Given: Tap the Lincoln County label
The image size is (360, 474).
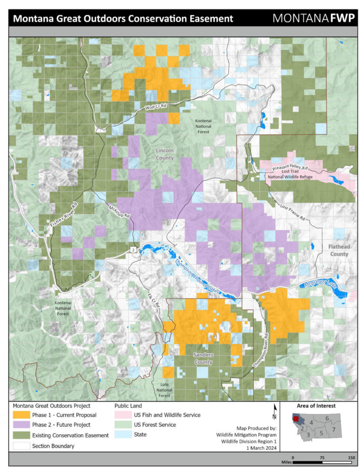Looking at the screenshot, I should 164,154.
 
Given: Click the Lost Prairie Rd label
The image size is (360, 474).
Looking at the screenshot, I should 294,211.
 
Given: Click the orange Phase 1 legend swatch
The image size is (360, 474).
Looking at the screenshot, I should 21,415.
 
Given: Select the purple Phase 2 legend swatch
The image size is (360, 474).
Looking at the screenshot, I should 21,424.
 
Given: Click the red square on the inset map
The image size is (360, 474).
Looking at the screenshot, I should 296,419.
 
